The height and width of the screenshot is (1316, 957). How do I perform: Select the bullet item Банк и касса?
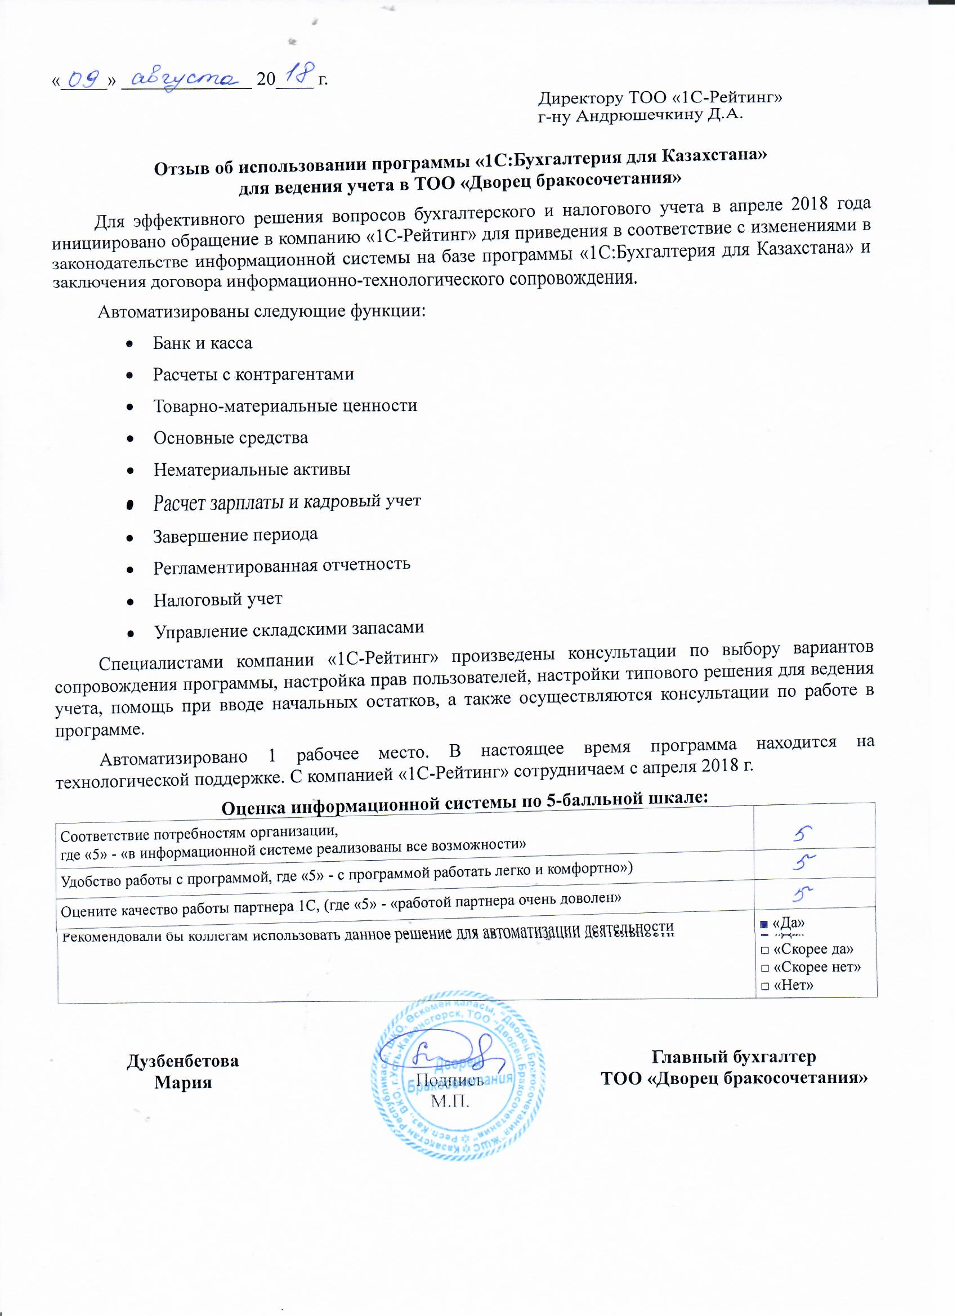tap(203, 343)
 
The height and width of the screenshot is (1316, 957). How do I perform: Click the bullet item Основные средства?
tap(230, 438)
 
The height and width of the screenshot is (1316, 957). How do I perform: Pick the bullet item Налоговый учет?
tap(218, 599)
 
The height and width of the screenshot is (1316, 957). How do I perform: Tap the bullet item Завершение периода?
tap(235, 534)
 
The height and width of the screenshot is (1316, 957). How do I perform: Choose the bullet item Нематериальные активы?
tap(251, 469)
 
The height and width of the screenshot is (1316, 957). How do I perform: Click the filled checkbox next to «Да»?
tap(764, 923)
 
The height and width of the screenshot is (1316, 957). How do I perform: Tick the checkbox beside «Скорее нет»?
tap(764, 967)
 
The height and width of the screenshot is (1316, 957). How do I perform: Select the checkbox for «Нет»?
tap(764, 985)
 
